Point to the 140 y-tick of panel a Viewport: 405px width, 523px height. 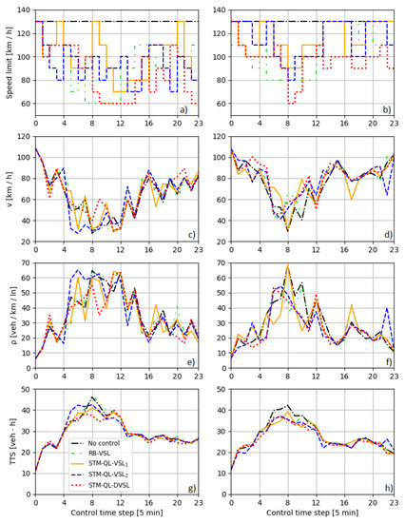pyautogui.click(x=21, y=10)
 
